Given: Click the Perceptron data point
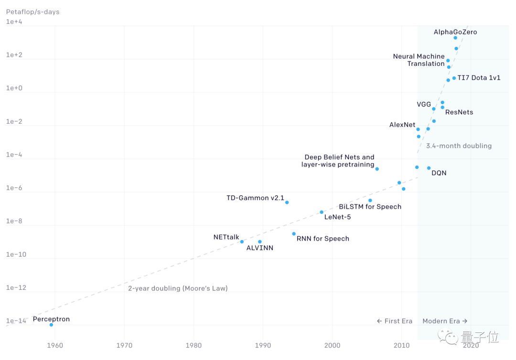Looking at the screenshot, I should [x=51, y=325].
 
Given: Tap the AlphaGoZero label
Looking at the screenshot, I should [x=455, y=32].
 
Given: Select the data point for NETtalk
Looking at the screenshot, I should [x=242, y=242].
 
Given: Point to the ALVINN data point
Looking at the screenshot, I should [x=259, y=242].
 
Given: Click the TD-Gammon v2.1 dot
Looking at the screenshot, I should [x=287, y=202].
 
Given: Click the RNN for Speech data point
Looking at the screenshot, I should [x=294, y=234].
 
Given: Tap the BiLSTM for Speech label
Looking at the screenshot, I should [x=370, y=207].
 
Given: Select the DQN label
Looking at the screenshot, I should [x=439, y=173].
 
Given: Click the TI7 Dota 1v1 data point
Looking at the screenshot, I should [x=454, y=78].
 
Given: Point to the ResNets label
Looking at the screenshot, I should [x=459, y=112].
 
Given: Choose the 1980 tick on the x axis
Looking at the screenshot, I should [x=193, y=345].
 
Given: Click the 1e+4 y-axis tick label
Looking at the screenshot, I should [x=14, y=22].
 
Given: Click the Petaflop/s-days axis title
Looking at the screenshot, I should [x=32, y=11].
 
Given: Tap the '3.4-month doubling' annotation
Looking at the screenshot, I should [x=459, y=146].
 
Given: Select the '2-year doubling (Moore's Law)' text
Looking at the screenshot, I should [x=178, y=288].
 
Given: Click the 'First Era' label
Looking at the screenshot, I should [x=394, y=321].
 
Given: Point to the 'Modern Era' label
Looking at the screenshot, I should [x=445, y=321].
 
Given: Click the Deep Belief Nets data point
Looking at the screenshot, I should [x=377, y=169].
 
